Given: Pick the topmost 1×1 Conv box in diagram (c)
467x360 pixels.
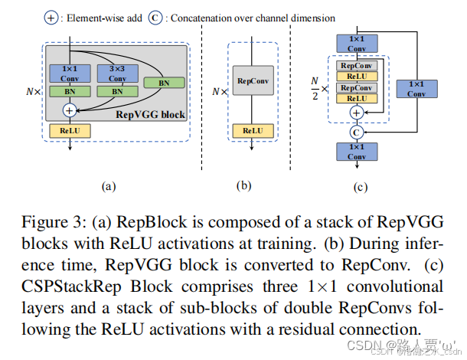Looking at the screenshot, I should tap(355, 43).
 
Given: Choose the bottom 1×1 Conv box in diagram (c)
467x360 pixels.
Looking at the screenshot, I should tap(355, 150).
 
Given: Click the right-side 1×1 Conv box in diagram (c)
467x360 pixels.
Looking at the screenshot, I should tap(416, 89).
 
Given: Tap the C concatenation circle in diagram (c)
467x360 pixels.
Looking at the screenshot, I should tap(356, 132).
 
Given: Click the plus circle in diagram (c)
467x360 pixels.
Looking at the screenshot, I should tap(356, 113).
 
